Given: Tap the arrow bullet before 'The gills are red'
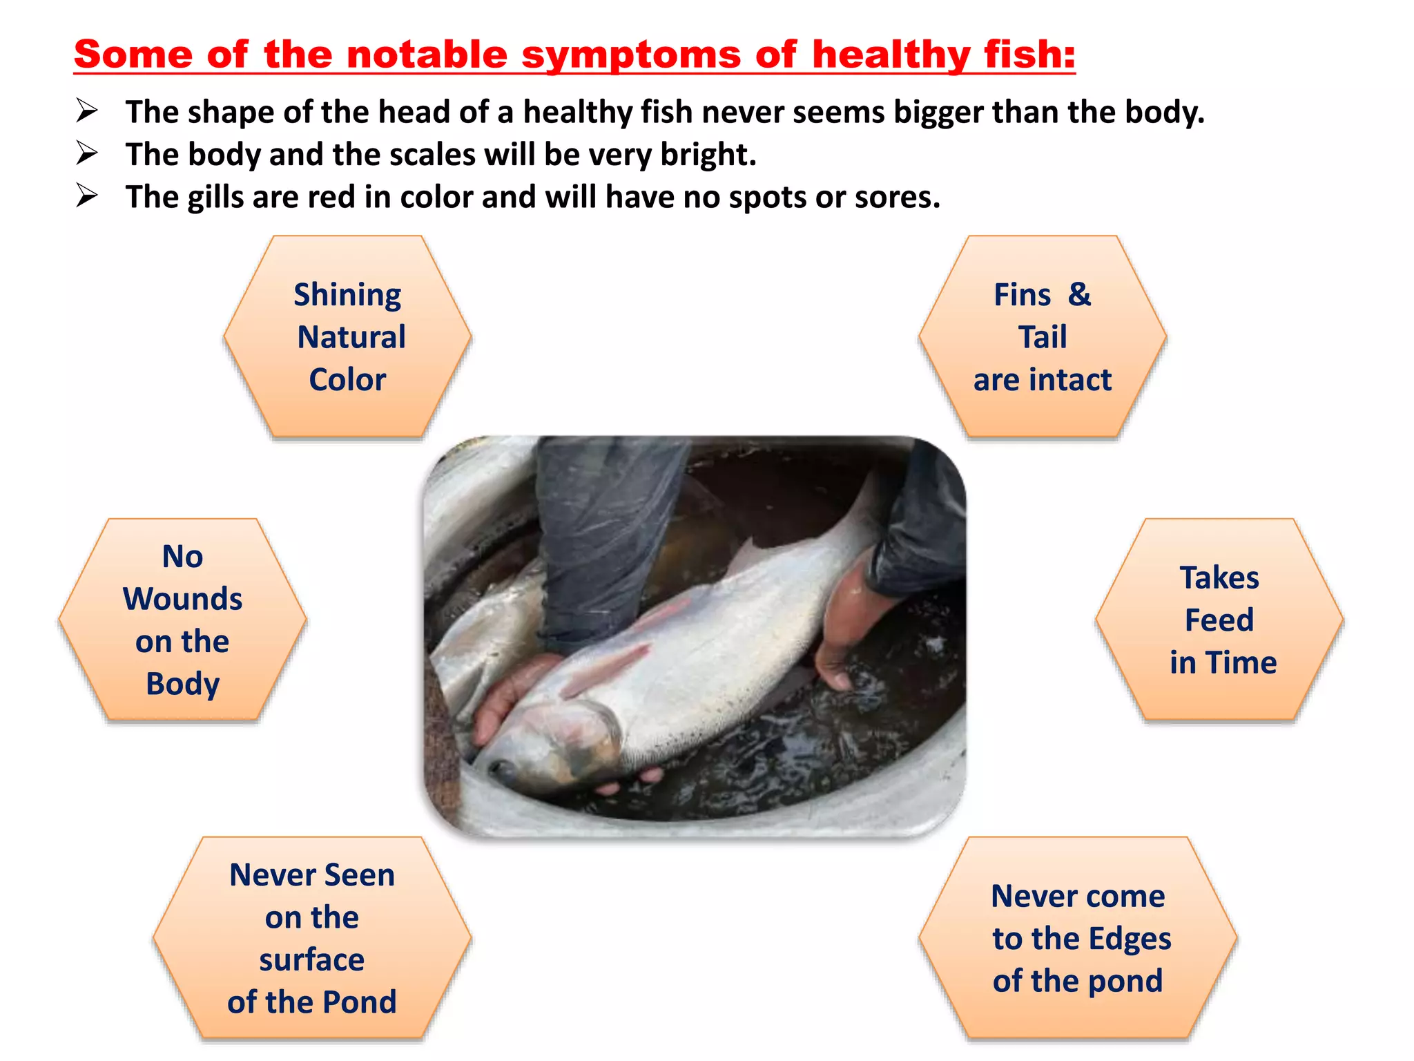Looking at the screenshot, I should tap(86, 196).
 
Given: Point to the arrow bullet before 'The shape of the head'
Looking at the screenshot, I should tap(86, 111).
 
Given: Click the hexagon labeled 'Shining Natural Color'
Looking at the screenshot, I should tap(347, 337).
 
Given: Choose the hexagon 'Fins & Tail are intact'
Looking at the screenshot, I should tap(1043, 337).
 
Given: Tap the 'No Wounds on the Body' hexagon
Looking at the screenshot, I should tap(182, 620).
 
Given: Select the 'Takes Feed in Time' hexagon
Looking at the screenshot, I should tap(1219, 620).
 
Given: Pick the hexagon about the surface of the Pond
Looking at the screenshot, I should tap(312, 938).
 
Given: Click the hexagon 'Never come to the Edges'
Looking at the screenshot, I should tap(1078, 938).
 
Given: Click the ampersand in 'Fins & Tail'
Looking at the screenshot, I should tap(1079, 295).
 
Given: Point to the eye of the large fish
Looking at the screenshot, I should tap(503, 767).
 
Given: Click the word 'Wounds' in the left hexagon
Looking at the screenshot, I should tap(182, 599).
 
